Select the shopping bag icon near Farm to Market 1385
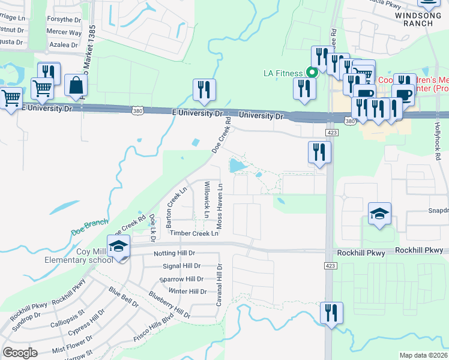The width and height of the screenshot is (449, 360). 77,87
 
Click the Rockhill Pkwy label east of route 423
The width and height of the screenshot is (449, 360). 420,250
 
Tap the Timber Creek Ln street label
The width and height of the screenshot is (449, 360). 194,233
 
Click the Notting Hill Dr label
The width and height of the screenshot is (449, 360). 175,253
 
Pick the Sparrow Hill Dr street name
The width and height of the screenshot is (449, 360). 182,279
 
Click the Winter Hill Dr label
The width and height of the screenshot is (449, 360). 188,292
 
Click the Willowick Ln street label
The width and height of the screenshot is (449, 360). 206,199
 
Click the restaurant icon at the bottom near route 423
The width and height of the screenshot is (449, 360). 331,313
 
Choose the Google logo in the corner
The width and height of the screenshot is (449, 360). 20,352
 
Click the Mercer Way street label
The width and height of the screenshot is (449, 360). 64,32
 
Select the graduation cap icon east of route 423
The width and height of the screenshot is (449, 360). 379,214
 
